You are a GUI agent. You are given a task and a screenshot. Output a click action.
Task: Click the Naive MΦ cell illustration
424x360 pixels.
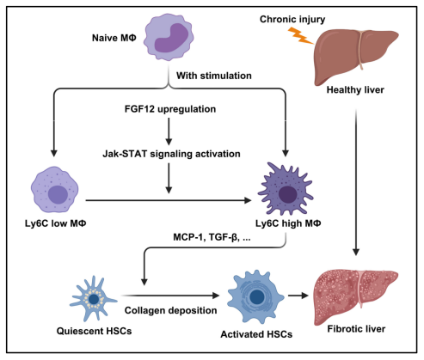pos(169,37)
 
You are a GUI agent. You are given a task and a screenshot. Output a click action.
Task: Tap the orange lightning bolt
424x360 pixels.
pos(300,35)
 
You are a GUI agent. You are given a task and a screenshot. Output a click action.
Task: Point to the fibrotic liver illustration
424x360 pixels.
pos(356,297)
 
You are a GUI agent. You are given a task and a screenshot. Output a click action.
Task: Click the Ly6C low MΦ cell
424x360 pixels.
pos(54,189)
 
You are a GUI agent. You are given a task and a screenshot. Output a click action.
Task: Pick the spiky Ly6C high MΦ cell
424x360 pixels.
pos(286,189)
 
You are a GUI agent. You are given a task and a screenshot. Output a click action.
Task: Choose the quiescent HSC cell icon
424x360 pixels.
pos(93,298)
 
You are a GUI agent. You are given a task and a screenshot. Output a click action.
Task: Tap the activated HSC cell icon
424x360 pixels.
pos(255,297)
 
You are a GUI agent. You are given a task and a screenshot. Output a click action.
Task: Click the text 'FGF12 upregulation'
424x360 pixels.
pos(170,109)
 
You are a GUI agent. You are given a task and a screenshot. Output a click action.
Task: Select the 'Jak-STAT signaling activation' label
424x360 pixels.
pos(171,154)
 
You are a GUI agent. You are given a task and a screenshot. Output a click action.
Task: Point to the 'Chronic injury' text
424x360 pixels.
pos(292,19)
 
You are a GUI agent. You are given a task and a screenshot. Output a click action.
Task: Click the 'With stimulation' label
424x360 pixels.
pos(214,76)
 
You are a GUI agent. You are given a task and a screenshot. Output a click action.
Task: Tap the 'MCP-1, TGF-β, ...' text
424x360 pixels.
pos(212,237)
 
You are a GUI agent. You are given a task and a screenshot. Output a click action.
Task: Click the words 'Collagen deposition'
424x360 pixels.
pos(170,310)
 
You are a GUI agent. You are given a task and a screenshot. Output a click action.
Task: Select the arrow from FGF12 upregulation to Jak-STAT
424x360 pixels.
pos(169,131)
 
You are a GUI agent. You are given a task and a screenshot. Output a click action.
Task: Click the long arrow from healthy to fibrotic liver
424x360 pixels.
pos(356,182)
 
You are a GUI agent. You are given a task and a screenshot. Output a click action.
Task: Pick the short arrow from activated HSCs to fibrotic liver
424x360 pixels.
pos(298,296)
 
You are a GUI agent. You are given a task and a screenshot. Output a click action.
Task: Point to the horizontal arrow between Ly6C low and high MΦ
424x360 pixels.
pos(169,200)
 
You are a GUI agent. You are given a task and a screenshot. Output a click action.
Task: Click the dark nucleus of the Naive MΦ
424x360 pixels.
pos(171,38)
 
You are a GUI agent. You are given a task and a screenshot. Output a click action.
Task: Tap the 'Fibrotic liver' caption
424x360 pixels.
pos(356,329)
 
